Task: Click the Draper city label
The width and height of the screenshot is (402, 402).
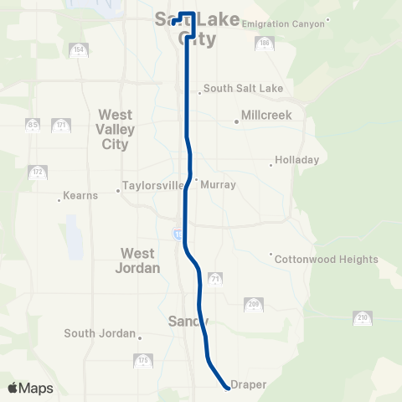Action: click(x=250, y=384)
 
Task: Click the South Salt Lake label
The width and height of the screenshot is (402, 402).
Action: click(x=243, y=88)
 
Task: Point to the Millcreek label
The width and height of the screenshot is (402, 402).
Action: click(x=265, y=115)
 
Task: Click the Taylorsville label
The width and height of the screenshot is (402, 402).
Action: click(x=152, y=185)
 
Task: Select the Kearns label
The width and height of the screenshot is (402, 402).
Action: click(x=80, y=195)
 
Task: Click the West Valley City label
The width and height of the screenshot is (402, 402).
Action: click(x=116, y=129)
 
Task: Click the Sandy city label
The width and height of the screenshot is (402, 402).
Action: click(x=188, y=321)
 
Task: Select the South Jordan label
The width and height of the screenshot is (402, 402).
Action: click(x=100, y=333)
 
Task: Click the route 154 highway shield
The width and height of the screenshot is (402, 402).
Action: click(x=79, y=50)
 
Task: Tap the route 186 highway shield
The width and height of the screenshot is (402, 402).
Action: click(x=264, y=43)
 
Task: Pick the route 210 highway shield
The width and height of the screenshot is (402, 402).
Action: click(x=362, y=318)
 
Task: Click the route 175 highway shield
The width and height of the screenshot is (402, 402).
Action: click(x=142, y=361)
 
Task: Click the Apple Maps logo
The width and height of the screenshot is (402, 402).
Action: click(x=30, y=388)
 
